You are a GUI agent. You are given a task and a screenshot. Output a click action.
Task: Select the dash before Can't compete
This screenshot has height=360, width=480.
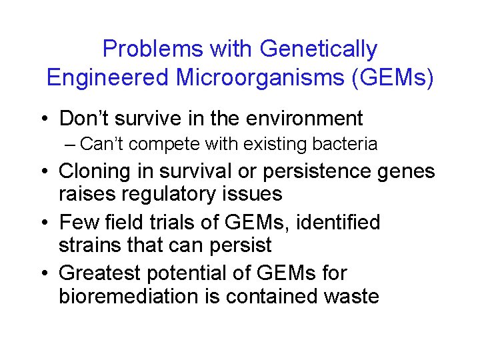(x=88, y=144)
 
